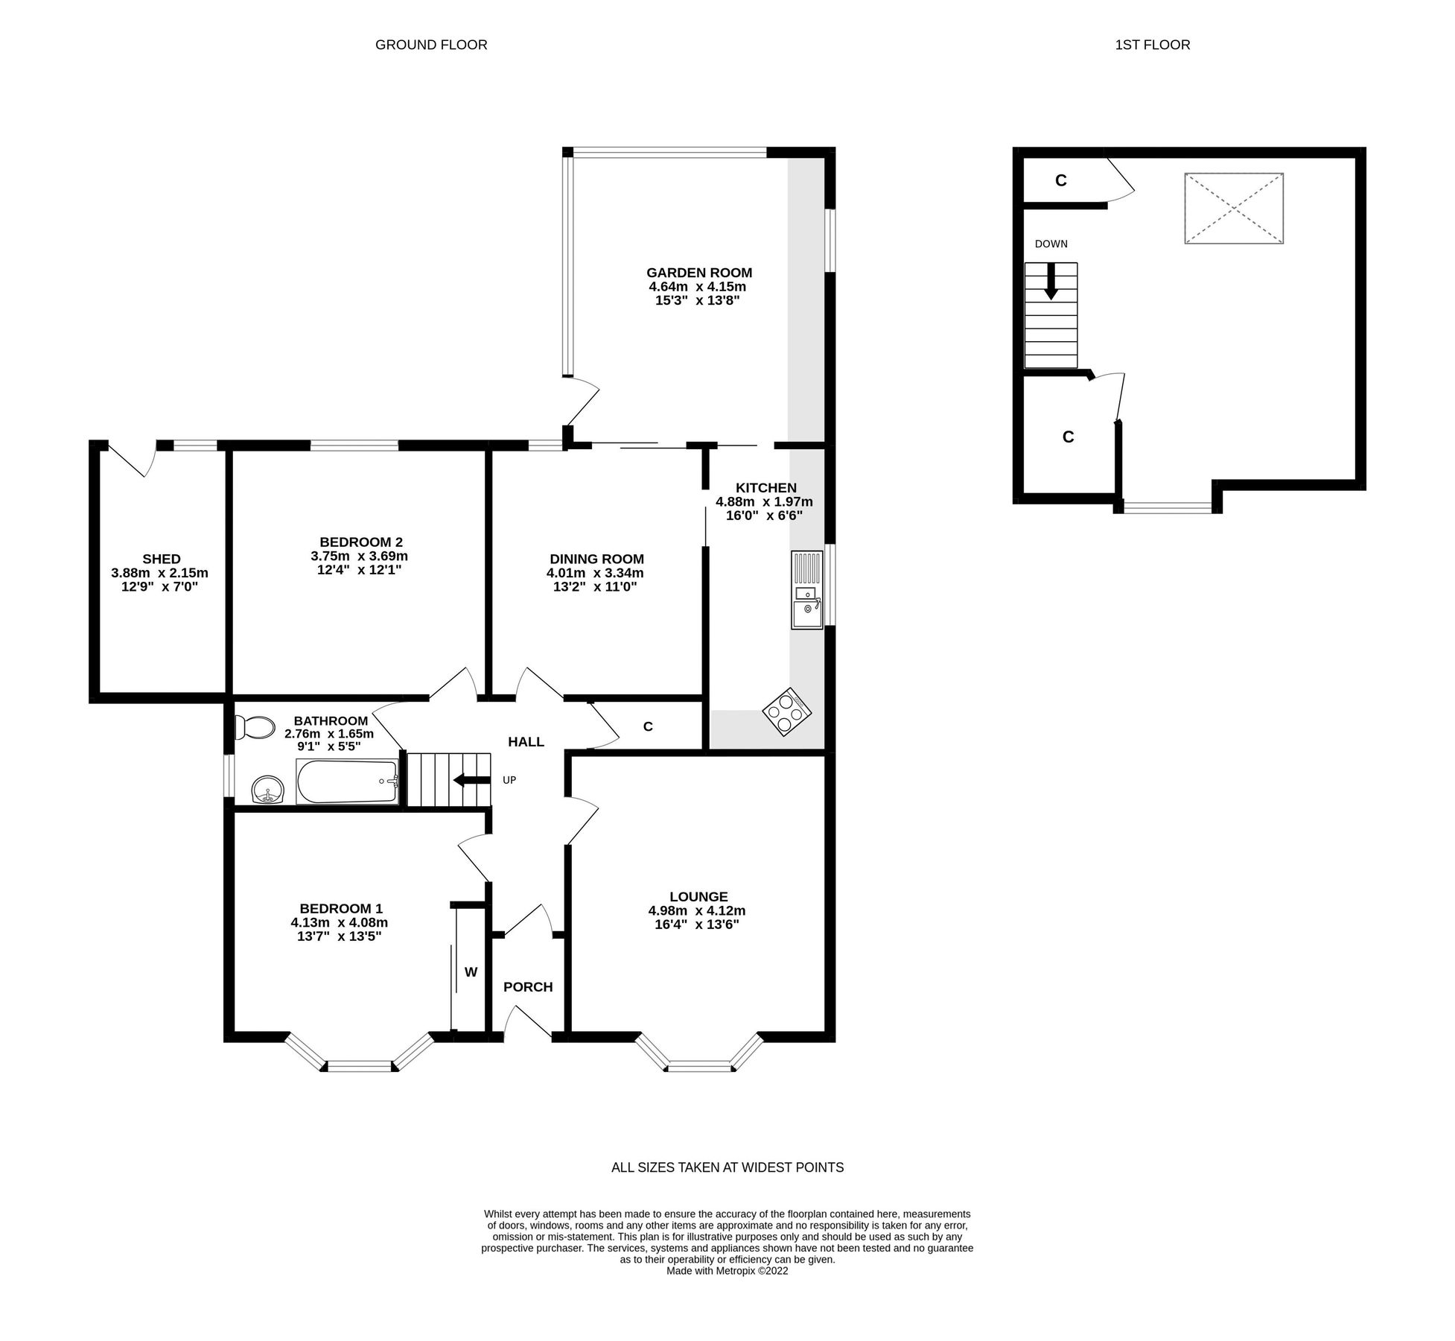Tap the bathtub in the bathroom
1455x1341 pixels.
coord(348,782)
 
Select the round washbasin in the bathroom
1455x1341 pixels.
coord(267,790)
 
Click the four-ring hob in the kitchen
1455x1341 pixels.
coord(786,711)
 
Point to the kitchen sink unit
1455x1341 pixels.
coord(807,591)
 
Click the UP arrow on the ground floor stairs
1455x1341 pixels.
coord(471,780)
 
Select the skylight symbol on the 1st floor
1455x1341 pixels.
coord(1234,208)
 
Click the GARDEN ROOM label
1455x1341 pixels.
coord(698,273)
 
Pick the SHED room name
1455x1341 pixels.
coord(162,559)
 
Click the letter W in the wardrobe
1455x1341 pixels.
coord(471,971)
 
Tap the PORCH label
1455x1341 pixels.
coord(528,987)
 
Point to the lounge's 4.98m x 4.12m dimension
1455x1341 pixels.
coord(697,910)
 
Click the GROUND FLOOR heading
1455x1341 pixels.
coord(431,45)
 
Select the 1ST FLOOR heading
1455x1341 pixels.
coord(1152,45)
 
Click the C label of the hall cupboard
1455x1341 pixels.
coord(648,726)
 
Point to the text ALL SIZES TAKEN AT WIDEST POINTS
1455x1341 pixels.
coord(727,1167)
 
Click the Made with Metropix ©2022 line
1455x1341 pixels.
coord(727,1271)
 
